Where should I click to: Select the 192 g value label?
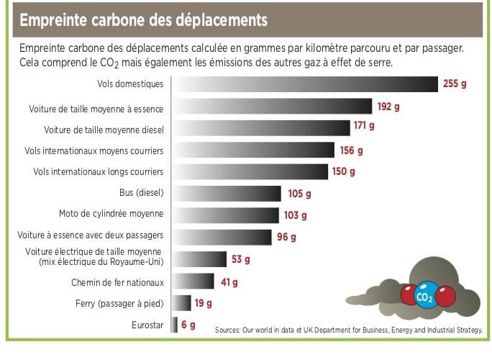pos(388,107)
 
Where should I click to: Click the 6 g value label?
pos(188,325)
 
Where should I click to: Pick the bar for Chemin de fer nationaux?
pos(193,282)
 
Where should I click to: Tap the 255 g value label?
pos(455,84)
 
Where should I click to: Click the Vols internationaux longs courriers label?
pos(99,171)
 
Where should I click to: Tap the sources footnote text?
pos(349,330)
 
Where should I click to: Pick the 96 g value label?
pos(286,236)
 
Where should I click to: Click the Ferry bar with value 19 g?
pos(182,303)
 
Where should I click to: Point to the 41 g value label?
pos(229,282)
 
